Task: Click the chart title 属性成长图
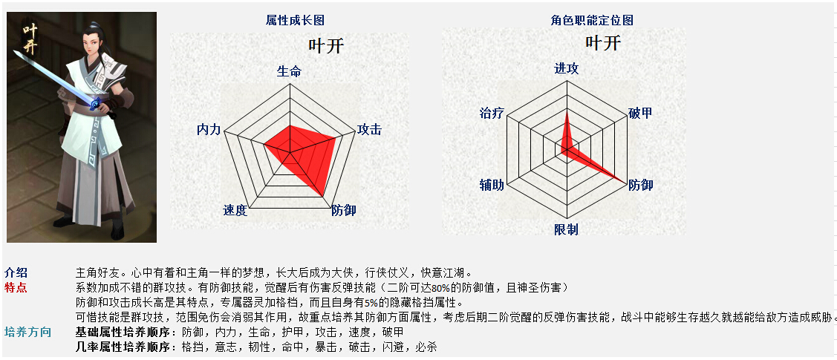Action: pos(295,20)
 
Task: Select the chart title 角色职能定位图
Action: pos(592,20)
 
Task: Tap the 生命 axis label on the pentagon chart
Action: pos(290,71)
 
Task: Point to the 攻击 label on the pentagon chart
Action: pos(369,129)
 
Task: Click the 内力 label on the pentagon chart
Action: pos(209,129)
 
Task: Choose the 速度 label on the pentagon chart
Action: pos(235,210)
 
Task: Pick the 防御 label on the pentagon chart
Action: pos(344,210)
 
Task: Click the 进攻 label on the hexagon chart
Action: pos(567,69)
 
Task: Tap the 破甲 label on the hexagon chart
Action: pos(640,113)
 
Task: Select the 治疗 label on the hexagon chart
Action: pos(492,113)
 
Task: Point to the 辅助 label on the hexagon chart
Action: pos(492,185)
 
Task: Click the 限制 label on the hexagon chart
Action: pos(567,229)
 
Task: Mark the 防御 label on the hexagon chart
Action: pos(640,185)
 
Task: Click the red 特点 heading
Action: pos(16,288)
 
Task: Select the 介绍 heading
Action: pos(16,272)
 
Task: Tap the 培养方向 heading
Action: pos(27,333)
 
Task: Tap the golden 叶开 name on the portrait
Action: pos(30,39)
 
